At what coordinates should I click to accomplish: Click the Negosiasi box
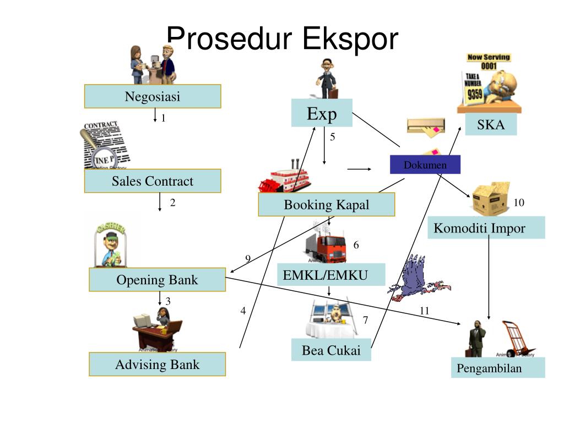pyautogui.click(x=153, y=96)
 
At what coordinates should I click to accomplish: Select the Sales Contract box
pyautogui.click(x=153, y=181)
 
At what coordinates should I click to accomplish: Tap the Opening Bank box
pyautogui.click(x=157, y=280)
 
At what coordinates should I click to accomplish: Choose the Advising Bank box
pyautogui.click(x=157, y=365)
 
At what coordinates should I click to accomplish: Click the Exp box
pyautogui.click(x=322, y=113)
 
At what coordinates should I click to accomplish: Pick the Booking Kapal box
pyautogui.click(x=327, y=205)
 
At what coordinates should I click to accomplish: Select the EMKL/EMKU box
pyautogui.click(x=331, y=275)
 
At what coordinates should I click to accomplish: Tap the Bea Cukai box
pyautogui.click(x=331, y=350)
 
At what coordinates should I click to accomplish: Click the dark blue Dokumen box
pyautogui.click(x=425, y=165)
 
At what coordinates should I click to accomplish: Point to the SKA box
pyautogui.click(x=491, y=124)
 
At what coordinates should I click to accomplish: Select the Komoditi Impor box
pyautogui.click(x=486, y=227)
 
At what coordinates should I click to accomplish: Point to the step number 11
pyautogui.click(x=424, y=311)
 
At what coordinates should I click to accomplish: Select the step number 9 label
pyautogui.click(x=248, y=259)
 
